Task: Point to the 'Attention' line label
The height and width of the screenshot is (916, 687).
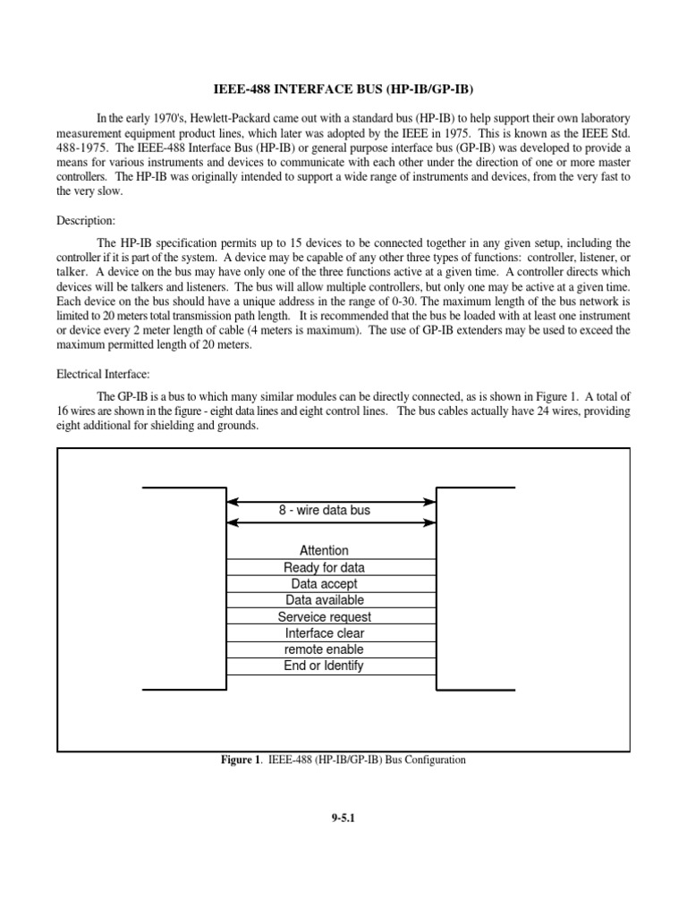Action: click(325, 551)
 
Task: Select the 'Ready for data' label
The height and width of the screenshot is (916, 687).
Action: click(325, 568)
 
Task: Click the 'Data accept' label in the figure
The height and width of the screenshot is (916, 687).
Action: click(325, 584)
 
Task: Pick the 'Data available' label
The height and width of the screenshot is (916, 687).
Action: click(325, 600)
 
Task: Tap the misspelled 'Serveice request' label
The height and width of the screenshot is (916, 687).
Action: click(325, 617)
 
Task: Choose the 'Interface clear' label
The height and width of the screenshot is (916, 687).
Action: click(325, 633)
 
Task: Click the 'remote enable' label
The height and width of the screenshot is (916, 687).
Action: click(325, 649)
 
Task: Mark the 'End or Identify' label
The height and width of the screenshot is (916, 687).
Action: click(325, 666)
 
